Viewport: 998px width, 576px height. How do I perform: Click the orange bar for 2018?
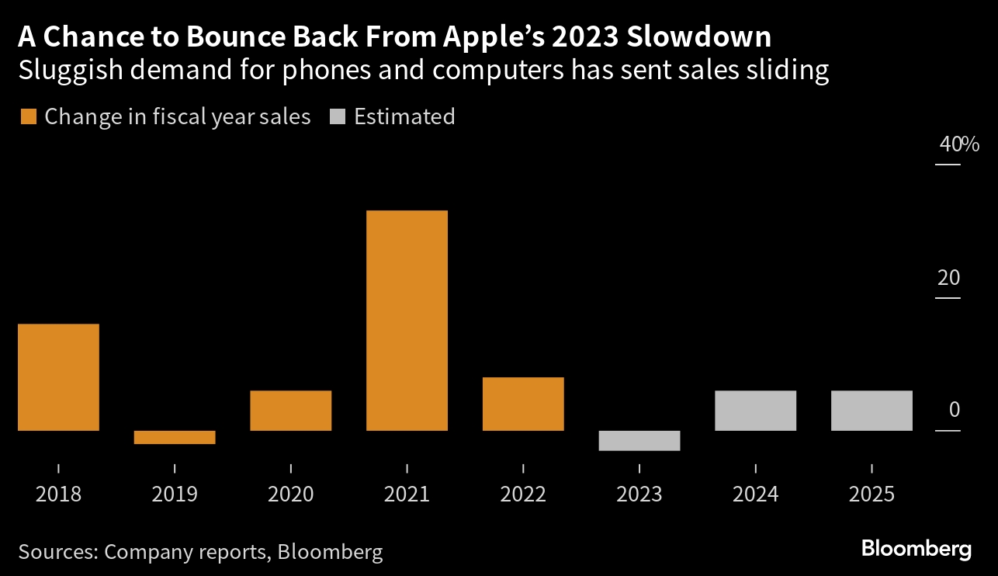(x=58, y=376)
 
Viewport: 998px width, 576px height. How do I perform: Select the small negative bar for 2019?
(x=174, y=437)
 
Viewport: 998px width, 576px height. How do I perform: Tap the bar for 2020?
(x=290, y=410)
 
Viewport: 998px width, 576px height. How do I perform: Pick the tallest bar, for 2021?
(x=407, y=320)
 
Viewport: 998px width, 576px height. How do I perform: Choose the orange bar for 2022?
(x=523, y=404)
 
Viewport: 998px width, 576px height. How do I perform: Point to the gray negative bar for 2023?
(x=639, y=440)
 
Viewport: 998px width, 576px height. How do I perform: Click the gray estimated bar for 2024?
(x=755, y=410)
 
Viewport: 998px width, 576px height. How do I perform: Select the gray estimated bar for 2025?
(x=872, y=410)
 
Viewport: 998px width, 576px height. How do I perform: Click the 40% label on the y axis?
(x=959, y=144)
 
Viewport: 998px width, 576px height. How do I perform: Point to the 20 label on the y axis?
(x=948, y=278)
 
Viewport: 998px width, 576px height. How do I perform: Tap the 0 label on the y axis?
(x=955, y=410)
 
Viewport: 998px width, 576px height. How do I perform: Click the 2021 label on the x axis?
(x=407, y=494)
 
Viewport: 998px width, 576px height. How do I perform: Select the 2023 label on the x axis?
(x=639, y=494)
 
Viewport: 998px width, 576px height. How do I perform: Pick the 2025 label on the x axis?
(x=872, y=494)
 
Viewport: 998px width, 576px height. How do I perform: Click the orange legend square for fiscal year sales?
(x=28, y=117)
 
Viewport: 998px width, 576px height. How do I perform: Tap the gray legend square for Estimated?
(x=338, y=117)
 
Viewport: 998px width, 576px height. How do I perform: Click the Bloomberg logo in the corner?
(x=916, y=549)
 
